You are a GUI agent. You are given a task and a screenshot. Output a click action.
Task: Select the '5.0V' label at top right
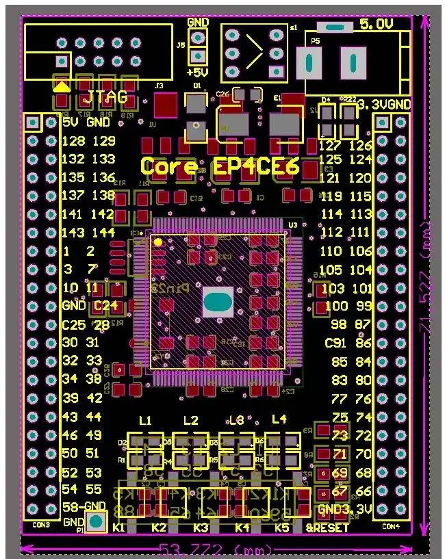376,24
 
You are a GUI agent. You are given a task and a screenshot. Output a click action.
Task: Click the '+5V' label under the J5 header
198,73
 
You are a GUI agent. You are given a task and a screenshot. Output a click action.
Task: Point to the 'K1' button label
119,528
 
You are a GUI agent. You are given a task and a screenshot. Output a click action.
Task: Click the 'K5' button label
282,528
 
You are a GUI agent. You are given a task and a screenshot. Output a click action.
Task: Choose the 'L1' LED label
145,420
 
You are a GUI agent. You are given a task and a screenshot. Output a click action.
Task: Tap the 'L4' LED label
279,419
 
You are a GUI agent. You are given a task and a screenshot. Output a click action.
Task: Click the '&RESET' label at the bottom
328,528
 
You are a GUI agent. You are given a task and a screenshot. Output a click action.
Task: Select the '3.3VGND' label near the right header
384,105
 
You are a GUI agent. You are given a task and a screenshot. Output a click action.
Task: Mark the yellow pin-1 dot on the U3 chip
158,242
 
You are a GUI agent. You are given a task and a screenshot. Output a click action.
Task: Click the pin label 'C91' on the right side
335,343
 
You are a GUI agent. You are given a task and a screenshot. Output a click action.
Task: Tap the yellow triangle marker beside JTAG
61,86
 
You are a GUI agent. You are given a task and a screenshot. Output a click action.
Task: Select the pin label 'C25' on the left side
74,324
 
